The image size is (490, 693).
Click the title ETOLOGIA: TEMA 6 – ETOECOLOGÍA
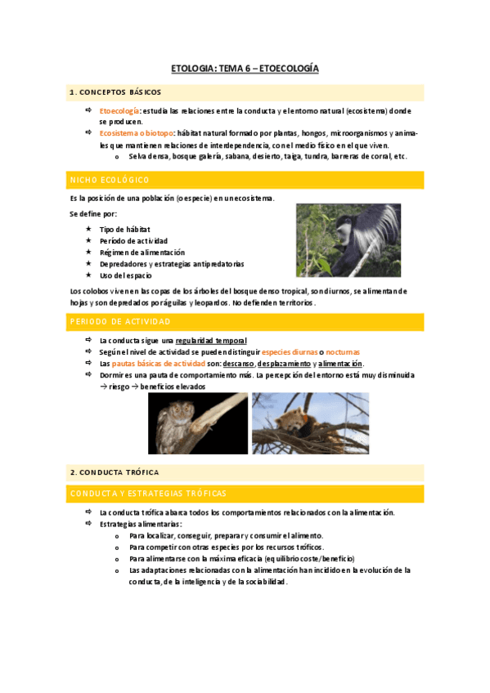[x=245, y=69]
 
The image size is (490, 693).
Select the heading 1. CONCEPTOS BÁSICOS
[x=115, y=92]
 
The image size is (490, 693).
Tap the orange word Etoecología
[x=119, y=110]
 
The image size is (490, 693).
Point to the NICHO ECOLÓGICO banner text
[x=109, y=180]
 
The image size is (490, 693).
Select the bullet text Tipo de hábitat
[x=124, y=230]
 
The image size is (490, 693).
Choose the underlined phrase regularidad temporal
[x=211, y=340]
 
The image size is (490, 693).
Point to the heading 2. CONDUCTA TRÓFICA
[x=115, y=472]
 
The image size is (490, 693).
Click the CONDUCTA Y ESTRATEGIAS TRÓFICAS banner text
[x=148, y=494]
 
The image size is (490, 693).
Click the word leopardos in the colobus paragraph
[x=216, y=302]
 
